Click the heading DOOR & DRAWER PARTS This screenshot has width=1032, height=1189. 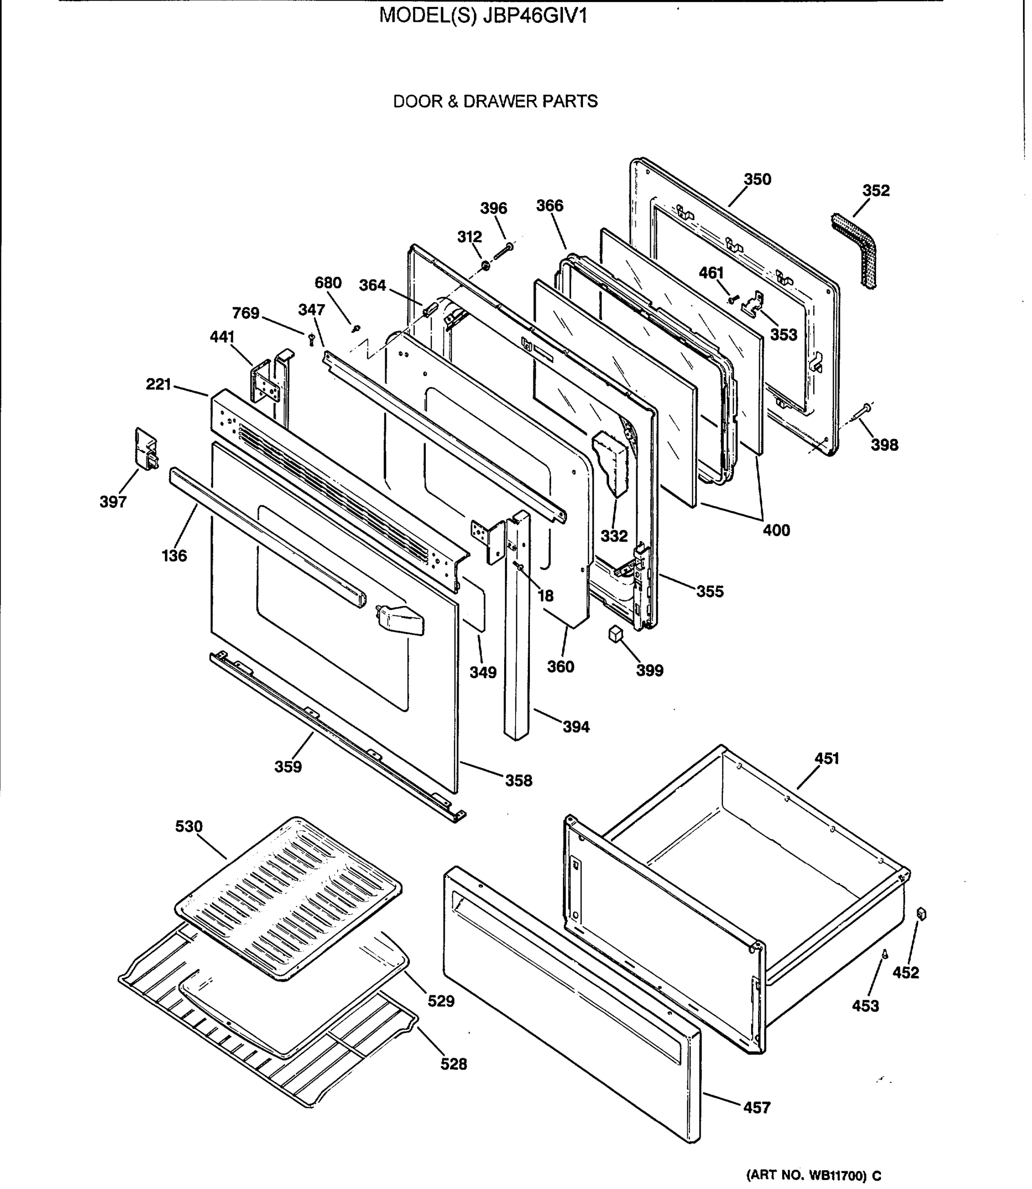coord(495,102)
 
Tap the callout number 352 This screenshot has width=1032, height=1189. coord(876,191)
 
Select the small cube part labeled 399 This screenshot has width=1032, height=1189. coord(616,634)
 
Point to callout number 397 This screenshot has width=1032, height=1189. coord(113,502)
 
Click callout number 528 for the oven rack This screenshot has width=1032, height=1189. coord(454,1064)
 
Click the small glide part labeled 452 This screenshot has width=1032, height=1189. coord(921,914)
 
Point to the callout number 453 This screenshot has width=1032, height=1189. coord(866,1006)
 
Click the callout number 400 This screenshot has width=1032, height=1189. coord(776,530)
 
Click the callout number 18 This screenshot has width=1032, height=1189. coord(545,595)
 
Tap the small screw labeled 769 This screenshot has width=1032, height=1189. coord(312,339)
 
